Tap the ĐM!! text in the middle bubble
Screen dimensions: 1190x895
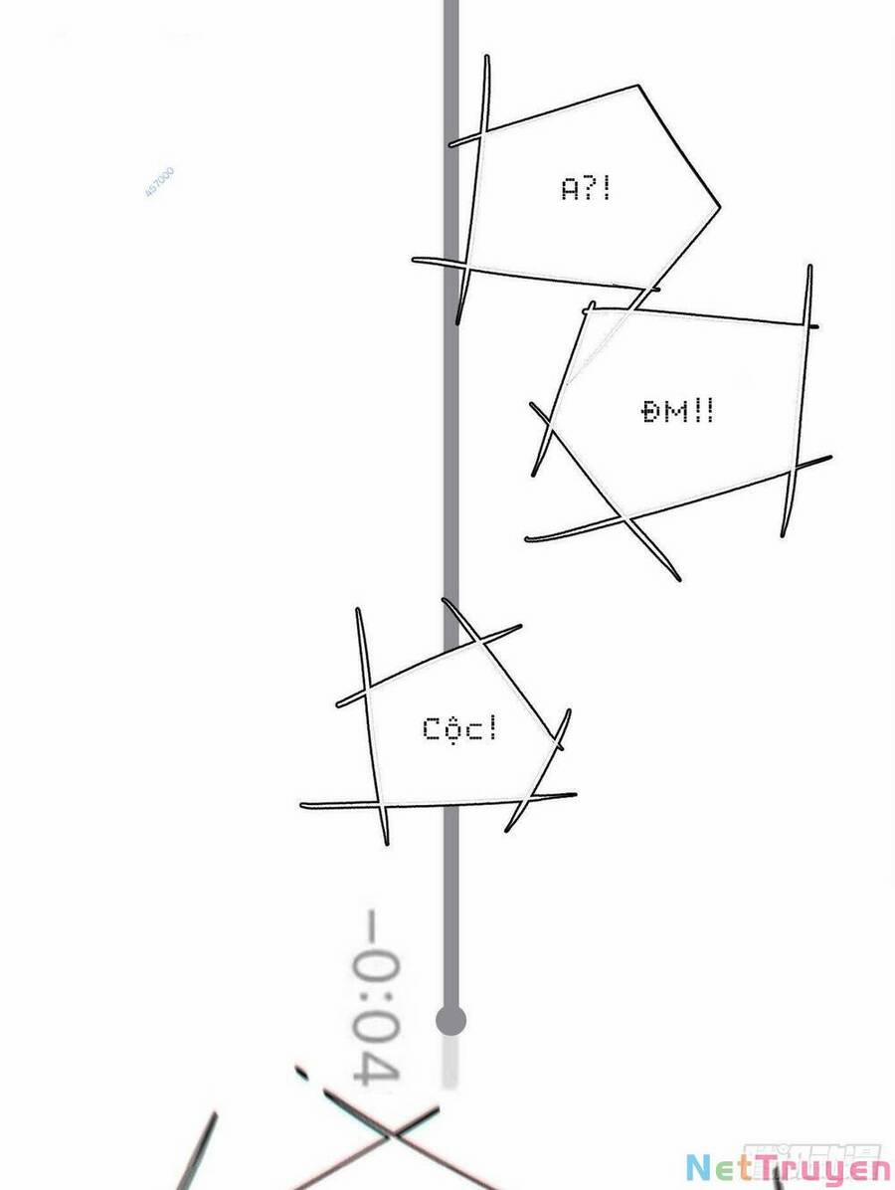677,411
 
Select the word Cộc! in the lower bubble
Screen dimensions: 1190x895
459,729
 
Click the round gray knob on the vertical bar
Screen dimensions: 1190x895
450,1020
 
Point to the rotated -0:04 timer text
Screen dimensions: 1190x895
377,996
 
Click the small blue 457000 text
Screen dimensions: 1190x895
160,182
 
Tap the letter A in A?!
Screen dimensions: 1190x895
570,188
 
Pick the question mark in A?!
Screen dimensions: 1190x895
591,188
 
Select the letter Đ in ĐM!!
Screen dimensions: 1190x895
651,411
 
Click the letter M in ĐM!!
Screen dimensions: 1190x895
675,411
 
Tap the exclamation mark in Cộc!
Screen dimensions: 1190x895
491,728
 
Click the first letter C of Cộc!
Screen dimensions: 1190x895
432,729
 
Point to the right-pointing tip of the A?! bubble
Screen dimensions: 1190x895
718,207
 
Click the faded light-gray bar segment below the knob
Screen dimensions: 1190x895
450,1061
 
